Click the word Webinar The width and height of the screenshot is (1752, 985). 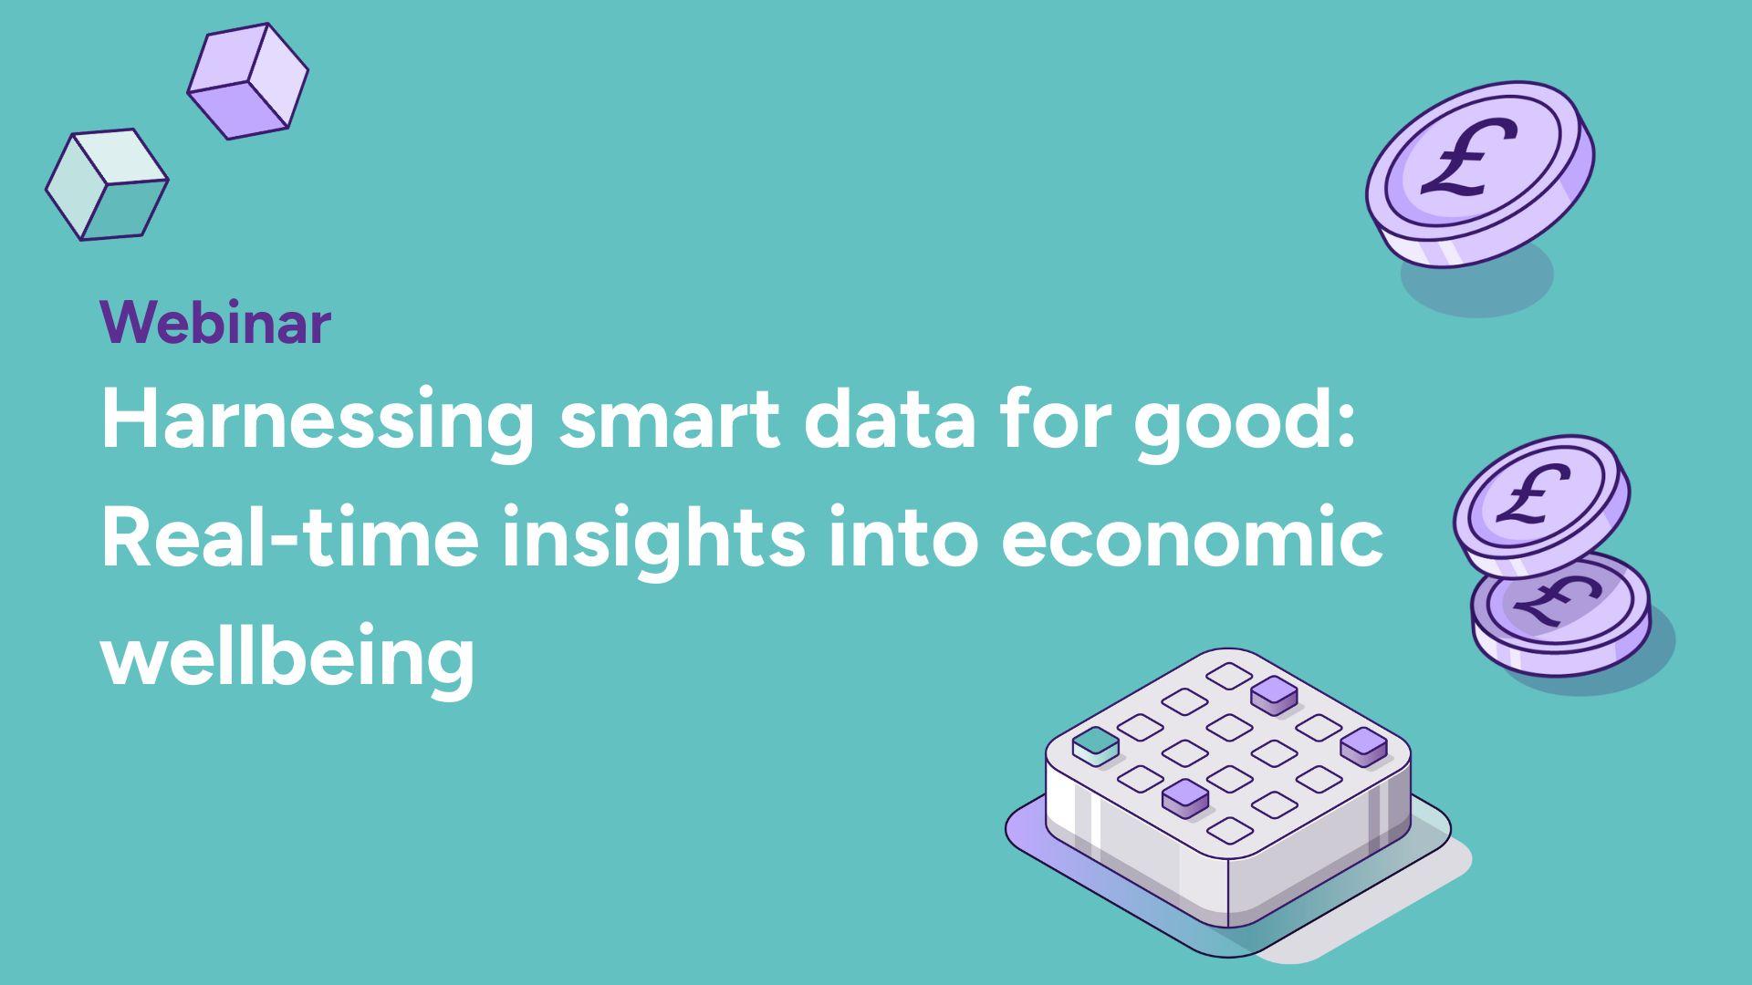(215, 322)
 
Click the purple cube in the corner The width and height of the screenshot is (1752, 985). (247, 81)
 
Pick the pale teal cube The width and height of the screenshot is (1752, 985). (107, 184)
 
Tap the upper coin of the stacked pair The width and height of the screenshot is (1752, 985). (1541, 505)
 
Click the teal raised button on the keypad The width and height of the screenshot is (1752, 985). (1096, 745)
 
